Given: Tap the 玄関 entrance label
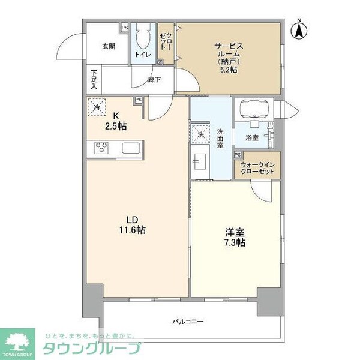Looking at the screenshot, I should point(109,46).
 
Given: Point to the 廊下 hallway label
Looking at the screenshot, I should point(154,79).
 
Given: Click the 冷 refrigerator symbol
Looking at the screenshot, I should point(97,108).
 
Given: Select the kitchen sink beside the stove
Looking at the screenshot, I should point(130,148).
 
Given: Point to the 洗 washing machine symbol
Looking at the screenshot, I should point(200,133).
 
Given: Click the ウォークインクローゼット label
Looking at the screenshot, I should point(257,167).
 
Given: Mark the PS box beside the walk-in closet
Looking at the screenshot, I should point(237,155).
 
